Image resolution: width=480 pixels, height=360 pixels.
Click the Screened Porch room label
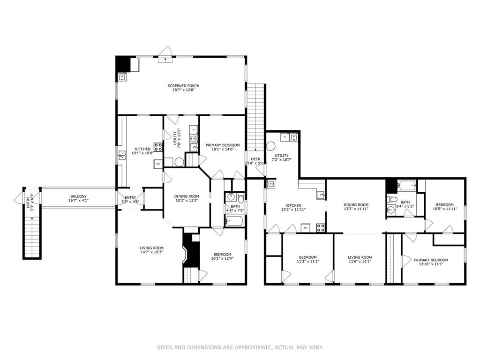click(184, 86)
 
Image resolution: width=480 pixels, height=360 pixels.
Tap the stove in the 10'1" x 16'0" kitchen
click(158, 146)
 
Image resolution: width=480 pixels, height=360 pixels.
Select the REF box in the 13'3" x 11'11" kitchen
click(305, 228)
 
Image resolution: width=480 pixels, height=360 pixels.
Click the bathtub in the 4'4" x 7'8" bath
click(234, 221)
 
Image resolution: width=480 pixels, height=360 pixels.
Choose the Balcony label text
click(78, 196)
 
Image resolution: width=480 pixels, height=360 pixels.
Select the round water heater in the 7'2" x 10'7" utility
click(271, 145)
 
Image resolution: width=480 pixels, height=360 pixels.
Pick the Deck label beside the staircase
click(255, 159)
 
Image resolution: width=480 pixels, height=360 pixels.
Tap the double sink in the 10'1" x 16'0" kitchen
click(122, 156)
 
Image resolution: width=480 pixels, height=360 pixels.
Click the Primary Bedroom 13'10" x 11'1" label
click(430, 260)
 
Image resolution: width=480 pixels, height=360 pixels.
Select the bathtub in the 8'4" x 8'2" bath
click(407, 186)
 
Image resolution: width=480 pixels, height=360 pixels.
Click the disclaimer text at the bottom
click(240, 347)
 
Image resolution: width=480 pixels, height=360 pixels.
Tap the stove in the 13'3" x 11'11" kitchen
click(322, 228)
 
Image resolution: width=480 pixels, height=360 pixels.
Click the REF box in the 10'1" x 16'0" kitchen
click(158, 164)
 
